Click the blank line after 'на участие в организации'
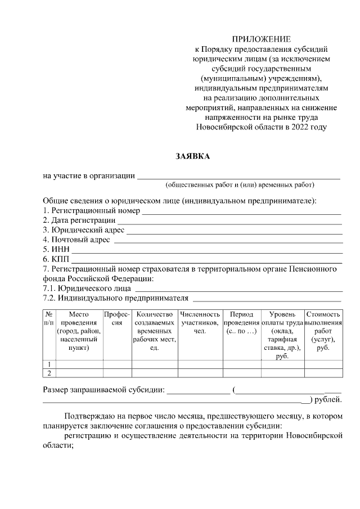tap(238, 177)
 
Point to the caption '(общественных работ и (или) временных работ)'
tap(240, 185)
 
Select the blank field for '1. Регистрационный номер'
tap(241, 212)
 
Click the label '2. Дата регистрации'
tap(79, 220)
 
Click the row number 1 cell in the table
tap(49, 364)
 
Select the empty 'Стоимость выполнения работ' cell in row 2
tap(323, 372)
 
